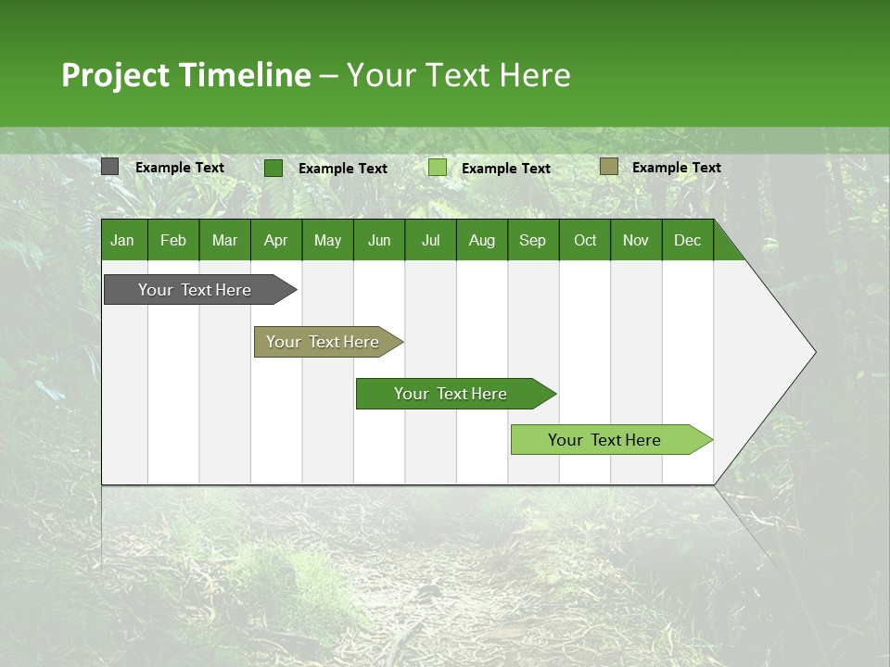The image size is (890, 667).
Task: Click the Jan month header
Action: coord(122,240)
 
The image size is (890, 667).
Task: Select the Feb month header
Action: coord(173,240)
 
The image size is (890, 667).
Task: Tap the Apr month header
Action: coord(275,240)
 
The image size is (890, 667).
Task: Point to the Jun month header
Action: coord(379,240)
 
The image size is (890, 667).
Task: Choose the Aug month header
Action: coord(481,240)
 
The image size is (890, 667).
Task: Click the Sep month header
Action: coord(532,240)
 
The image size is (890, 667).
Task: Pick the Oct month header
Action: coord(585,240)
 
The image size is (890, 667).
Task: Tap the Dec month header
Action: coord(687,240)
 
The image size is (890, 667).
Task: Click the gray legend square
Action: coord(110,167)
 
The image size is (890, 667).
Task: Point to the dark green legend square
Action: coord(273,168)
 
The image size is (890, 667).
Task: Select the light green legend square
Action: coord(438,168)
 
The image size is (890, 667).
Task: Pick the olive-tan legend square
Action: coord(608,167)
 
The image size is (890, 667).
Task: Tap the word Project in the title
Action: coord(113,75)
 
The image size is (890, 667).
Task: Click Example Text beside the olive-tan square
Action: coord(676,168)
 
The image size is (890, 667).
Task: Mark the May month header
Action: coord(327,240)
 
